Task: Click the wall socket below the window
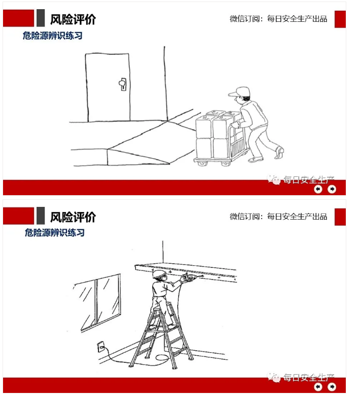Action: [101, 347]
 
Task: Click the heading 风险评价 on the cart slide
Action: [73, 19]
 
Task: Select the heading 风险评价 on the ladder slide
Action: [73, 217]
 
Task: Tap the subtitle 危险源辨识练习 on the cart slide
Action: [52, 36]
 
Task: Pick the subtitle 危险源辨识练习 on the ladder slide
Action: [54, 233]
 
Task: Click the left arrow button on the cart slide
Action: [318, 189]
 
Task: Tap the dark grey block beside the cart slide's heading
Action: [41, 18]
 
